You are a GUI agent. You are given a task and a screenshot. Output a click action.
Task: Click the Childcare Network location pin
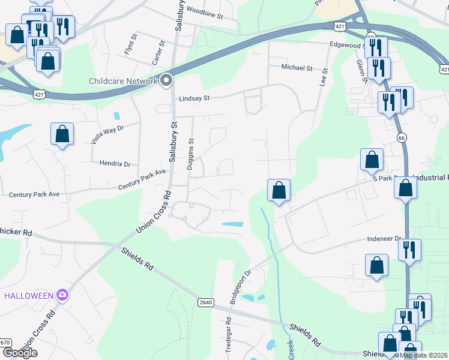[166, 80]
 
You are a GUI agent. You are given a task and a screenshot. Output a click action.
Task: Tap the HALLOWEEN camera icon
[62, 295]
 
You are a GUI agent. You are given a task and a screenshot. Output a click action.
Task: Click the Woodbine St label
[205, 10]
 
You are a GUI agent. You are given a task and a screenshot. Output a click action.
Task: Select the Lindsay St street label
[193, 98]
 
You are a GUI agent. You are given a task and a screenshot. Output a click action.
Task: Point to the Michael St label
[297, 68]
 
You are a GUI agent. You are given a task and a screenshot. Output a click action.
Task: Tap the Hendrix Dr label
[115, 163]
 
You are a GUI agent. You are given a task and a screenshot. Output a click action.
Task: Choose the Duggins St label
[191, 154]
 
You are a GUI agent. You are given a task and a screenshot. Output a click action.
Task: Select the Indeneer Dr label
[384, 239]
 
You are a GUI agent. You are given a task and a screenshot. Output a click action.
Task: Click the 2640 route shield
[205, 302]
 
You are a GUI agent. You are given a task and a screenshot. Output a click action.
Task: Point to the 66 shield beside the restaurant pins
[400, 138]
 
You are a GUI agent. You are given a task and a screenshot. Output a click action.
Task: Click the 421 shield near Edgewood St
[340, 26]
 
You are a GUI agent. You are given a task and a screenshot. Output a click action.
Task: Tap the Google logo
[20, 353]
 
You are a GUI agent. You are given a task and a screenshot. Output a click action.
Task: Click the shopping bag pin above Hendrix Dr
[62, 134]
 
